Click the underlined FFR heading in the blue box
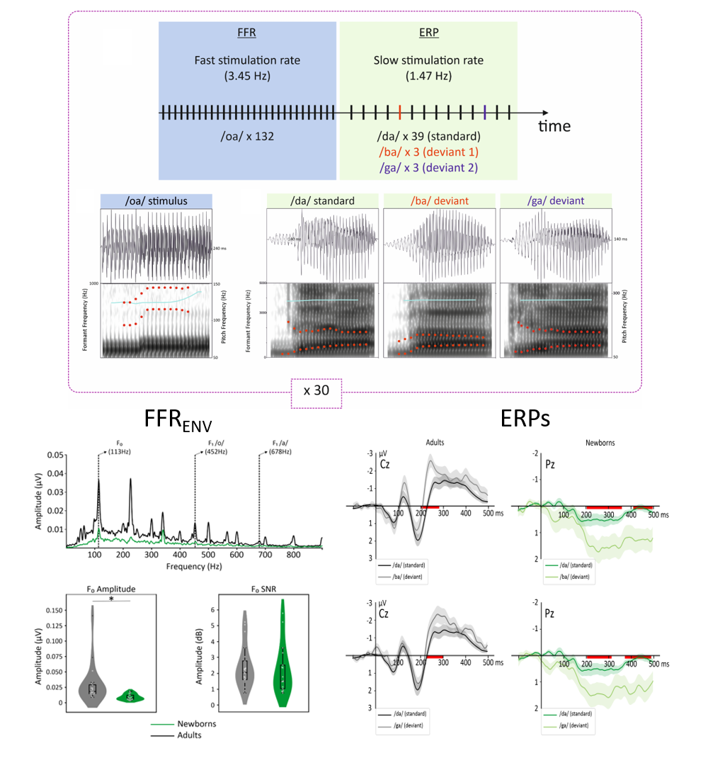(247, 33)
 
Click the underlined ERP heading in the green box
(428, 33)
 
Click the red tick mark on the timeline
(400, 112)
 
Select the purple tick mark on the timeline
(484, 112)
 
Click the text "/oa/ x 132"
(246, 135)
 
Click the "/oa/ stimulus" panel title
(156, 200)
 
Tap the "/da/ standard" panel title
(322, 200)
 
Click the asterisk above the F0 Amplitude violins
(111, 599)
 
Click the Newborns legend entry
(196, 724)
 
